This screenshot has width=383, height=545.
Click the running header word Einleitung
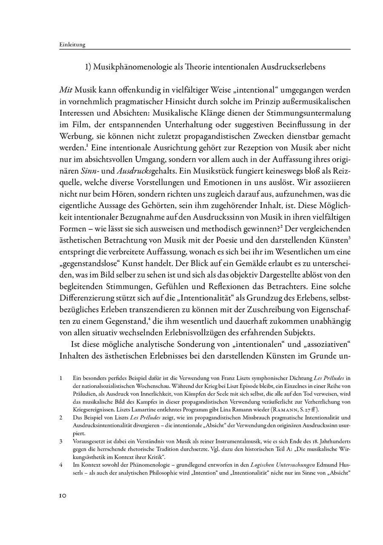click(72, 44)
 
